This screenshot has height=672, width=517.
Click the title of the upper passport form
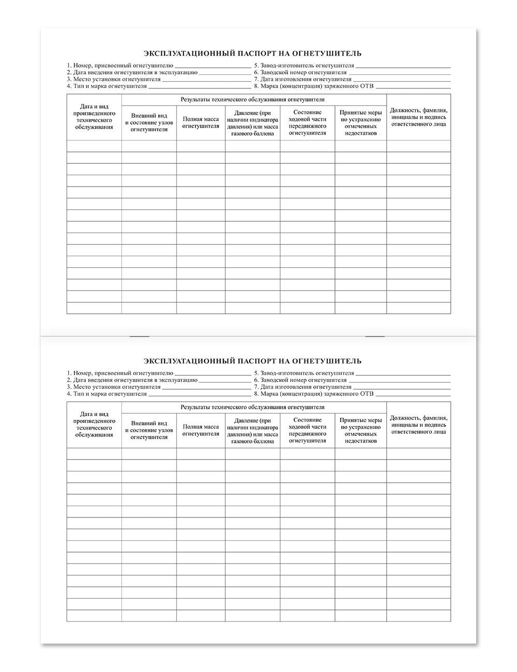tap(252, 53)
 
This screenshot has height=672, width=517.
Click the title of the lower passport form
tap(252, 361)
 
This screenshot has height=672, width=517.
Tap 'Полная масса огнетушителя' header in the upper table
tap(201, 123)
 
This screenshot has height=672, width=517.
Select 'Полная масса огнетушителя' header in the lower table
tap(201, 430)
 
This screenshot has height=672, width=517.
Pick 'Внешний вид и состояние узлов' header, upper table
tap(149, 123)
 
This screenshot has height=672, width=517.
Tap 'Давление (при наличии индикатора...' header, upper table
tap(252, 123)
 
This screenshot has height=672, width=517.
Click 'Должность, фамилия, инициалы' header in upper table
tap(419, 117)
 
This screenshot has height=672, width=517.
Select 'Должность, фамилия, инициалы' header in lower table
tap(419, 424)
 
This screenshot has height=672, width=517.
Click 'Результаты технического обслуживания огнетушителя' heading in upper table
tap(253, 99)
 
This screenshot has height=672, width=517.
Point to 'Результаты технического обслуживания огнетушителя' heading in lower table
tap(253, 407)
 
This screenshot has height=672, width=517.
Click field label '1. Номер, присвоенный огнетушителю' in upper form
tap(119, 66)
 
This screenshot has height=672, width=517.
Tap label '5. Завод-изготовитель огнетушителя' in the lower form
tap(304, 373)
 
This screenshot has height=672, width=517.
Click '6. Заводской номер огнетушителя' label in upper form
tap(300, 73)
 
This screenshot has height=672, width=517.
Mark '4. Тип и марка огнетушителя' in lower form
tap(107, 394)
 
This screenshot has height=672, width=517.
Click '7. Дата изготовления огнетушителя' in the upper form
tap(302, 80)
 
